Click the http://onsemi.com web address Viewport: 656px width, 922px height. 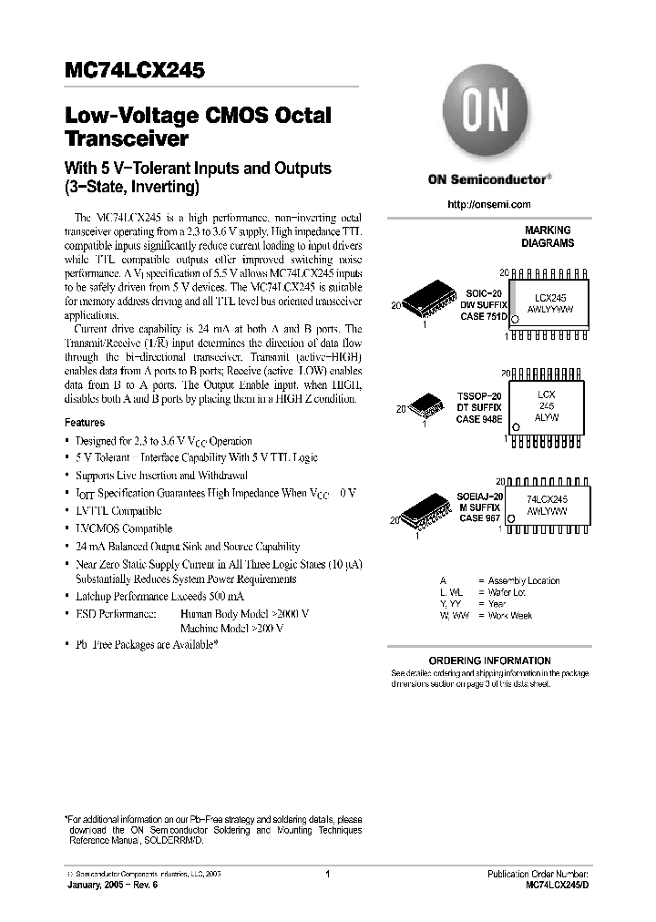click(488, 205)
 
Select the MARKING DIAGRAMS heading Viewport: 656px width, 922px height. click(548, 237)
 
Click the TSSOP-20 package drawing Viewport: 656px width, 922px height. click(425, 405)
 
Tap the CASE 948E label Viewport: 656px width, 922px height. click(482, 418)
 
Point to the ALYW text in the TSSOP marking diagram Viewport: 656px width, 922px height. click(547, 416)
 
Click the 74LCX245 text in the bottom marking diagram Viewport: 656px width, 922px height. click(547, 500)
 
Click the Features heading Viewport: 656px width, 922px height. click(85, 423)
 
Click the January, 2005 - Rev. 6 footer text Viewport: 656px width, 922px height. click(107, 886)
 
